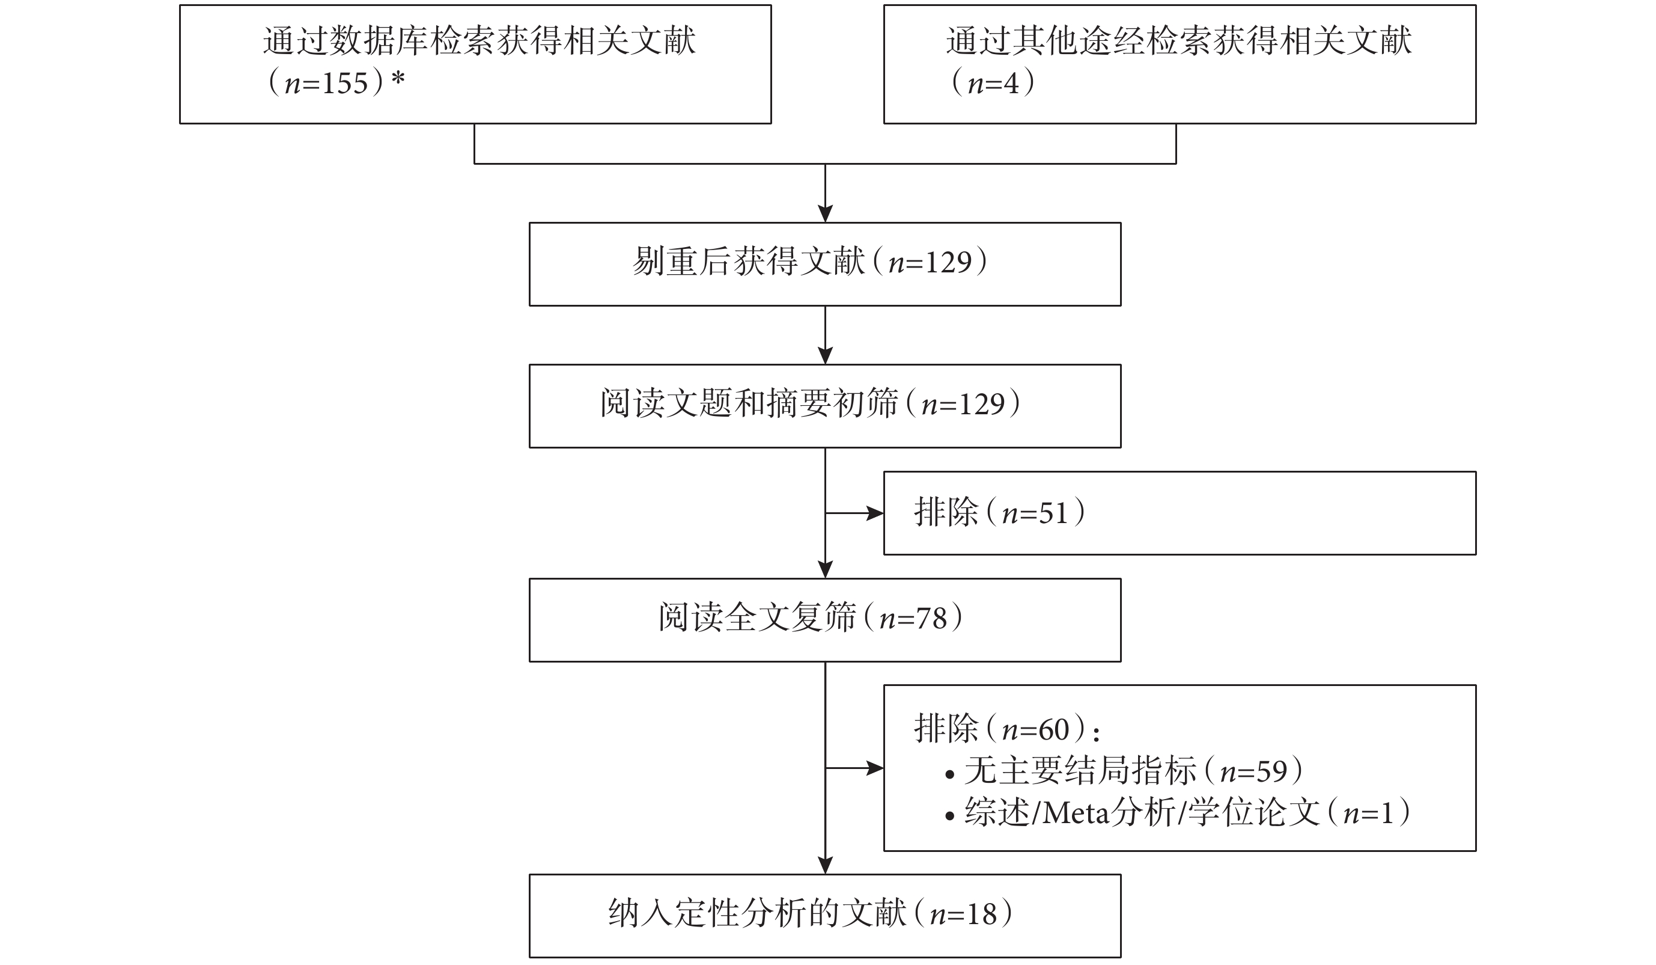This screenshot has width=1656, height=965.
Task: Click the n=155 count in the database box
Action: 325,84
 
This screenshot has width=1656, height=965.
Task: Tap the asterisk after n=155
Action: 398,80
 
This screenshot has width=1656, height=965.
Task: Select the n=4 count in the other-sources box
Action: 993,84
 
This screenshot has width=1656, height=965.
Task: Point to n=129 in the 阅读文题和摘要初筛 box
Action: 963,404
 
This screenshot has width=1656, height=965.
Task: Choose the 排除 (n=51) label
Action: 999,513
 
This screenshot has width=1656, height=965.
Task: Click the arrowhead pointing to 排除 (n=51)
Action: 875,513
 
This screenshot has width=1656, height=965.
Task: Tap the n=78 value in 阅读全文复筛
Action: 913,619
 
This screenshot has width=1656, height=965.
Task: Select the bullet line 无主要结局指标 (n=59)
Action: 1124,771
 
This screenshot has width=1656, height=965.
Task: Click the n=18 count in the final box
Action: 963,914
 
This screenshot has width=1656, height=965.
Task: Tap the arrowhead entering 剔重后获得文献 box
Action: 826,214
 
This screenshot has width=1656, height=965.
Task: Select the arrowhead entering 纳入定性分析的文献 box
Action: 826,866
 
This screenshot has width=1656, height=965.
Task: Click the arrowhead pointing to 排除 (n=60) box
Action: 875,768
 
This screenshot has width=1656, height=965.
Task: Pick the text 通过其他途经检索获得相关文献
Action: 1179,41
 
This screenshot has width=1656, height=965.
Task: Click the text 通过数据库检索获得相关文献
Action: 479,41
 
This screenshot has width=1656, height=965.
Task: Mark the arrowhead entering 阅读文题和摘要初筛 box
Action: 826,355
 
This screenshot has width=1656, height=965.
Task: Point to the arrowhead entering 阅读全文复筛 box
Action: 826,570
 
